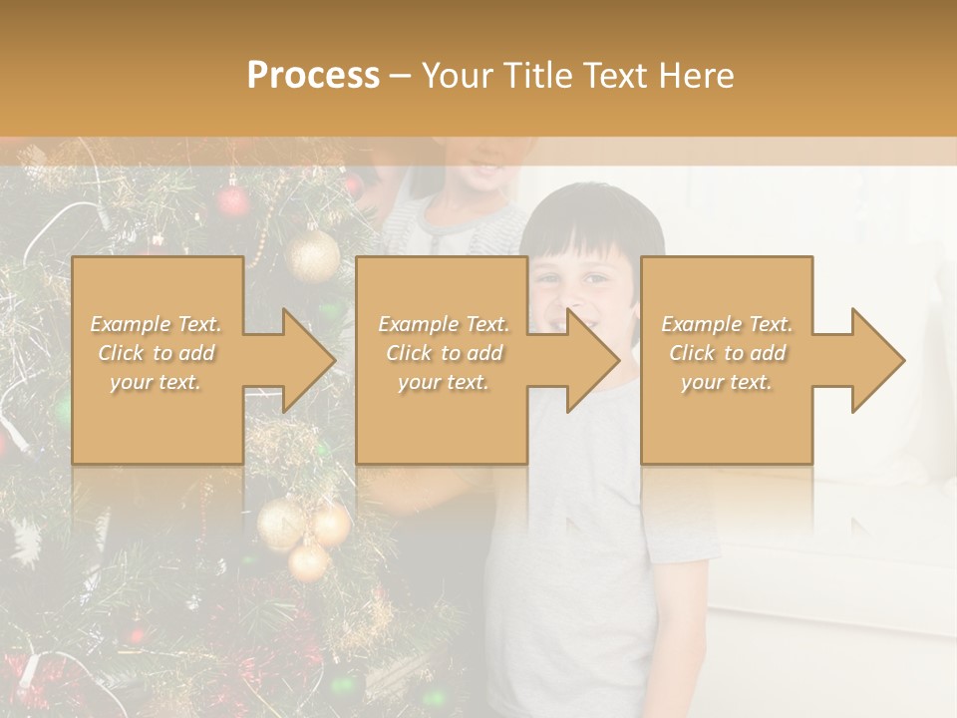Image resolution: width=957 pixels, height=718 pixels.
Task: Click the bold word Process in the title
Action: (313, 76)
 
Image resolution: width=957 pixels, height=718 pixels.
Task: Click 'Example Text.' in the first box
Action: (157, 324)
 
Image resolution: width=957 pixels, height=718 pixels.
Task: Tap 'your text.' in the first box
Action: (157, 382)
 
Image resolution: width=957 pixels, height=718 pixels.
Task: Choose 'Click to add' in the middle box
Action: (444, 353)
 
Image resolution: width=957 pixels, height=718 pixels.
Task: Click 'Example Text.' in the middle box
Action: (444, 324)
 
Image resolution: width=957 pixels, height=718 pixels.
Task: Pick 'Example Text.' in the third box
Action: (727, 324)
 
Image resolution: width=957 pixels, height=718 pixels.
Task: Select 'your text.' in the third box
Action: (727, 382)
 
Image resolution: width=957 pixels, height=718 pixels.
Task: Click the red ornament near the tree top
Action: (233, 202)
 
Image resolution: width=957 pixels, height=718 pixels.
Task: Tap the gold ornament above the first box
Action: (313, 255)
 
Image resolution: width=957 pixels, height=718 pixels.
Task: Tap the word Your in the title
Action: (458, 76)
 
